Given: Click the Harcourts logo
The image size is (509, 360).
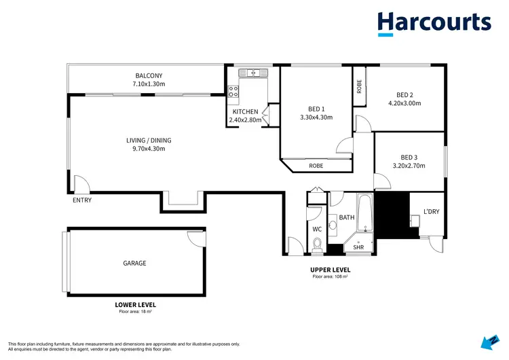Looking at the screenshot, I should [434, 23].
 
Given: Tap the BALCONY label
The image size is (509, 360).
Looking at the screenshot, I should [149, 75].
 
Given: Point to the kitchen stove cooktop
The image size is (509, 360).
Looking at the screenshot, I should [233, 90].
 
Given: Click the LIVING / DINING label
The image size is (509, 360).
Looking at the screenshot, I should [145, 140].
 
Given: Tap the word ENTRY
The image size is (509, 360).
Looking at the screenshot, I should [81, 200].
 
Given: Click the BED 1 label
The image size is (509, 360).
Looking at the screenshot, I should [316, 109].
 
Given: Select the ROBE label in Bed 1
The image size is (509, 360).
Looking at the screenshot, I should [316, 165].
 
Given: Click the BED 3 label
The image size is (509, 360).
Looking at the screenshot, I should [409, 156].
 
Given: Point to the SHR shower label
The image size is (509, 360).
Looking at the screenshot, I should [358, 247].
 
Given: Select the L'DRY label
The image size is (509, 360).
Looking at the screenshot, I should [431, 212].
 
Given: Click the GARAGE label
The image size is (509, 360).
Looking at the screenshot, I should [134, 263].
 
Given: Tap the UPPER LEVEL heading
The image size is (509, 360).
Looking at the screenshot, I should [331, 270].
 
